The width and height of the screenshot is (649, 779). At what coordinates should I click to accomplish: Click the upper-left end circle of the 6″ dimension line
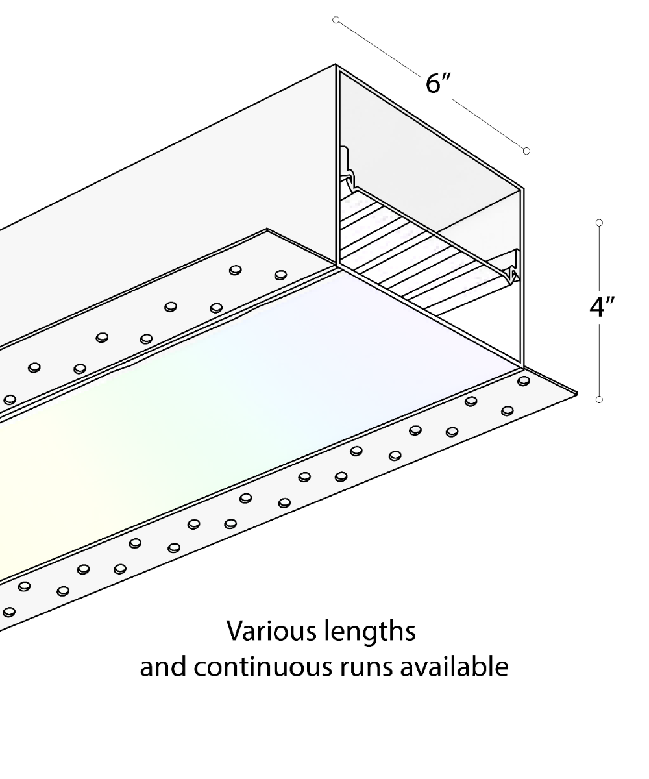tap(336, 20)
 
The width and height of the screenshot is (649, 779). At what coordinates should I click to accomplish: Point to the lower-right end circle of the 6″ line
tap(526, 151)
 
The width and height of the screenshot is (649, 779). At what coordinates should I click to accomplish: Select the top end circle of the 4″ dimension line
tap(599, 223)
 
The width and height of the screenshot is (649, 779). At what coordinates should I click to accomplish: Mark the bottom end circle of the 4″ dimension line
tap(599, 399)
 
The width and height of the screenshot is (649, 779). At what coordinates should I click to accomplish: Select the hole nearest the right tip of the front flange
tap(523, 380)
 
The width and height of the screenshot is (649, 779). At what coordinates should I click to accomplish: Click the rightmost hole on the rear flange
tap(280, 275)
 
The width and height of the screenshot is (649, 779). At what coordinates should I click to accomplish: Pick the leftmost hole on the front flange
tap(9, 612)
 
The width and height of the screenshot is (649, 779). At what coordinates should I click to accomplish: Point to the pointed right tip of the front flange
tap(576, 393)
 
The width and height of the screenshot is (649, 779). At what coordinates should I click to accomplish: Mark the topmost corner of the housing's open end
tap(336, 65)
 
